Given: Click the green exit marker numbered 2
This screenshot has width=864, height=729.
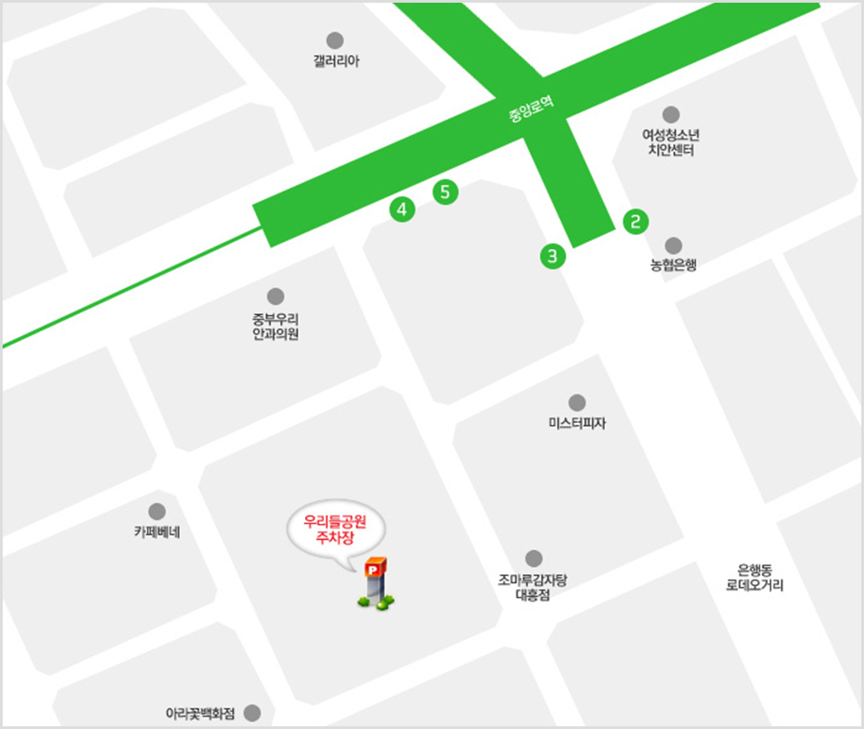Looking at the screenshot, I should pos(635,221).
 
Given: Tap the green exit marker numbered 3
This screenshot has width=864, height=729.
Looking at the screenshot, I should pos(553,256).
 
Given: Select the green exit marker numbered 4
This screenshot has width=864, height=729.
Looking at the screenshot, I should pos(401,210).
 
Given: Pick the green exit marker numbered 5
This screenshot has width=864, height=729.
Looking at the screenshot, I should pos(445,192).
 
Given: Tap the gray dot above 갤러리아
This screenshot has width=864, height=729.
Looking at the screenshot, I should pos(335,40).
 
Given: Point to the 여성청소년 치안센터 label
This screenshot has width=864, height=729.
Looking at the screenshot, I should pos(670,143).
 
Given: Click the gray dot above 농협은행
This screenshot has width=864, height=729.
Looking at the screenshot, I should pos(673,246).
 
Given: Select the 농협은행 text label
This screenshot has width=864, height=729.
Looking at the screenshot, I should pos(673,265).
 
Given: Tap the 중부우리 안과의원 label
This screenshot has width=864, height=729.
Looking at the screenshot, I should pos(275,327).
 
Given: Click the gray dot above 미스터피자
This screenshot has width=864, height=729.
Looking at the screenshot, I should pos(577,402).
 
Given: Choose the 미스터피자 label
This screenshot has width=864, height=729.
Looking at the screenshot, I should pos(577,422).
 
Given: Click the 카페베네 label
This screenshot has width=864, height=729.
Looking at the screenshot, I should pos(157,531).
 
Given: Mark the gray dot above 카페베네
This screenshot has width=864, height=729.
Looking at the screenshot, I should pos(157,511).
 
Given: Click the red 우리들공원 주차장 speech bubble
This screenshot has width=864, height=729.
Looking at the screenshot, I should pos(333,530).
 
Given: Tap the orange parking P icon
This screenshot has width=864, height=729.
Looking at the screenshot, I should pos(374,569).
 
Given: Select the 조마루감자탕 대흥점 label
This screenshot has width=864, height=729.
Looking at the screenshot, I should pos(534,587).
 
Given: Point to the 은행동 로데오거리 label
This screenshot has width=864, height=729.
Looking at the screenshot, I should pos(754,577).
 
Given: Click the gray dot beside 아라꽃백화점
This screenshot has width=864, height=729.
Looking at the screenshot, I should pos(252,713).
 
